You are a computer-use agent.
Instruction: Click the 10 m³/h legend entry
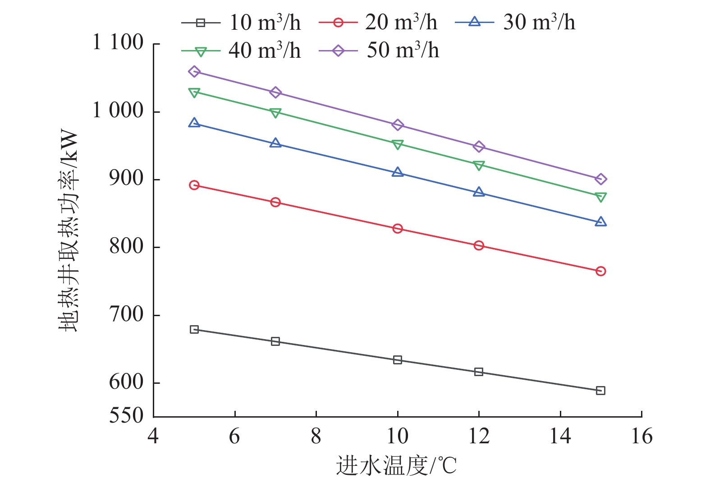coord(241,23)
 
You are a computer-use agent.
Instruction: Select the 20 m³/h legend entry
coord(378,23)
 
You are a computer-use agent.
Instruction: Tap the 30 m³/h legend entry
coord(515,23)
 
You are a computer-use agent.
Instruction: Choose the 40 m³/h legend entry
coord(241,51)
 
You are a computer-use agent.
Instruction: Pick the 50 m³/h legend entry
coord(379,51)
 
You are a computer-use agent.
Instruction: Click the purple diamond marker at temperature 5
coord(194,72)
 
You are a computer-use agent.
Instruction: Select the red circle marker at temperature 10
coord(398,229)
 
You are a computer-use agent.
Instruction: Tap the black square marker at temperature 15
coord(600,391)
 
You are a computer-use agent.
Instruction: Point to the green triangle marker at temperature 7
coord(275,113)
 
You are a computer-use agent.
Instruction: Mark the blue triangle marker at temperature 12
coord(479,193)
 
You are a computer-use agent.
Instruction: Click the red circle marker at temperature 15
coord(600,271)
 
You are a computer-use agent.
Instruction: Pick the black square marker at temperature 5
coord(194,330)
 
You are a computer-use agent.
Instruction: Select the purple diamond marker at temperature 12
coord(479,147)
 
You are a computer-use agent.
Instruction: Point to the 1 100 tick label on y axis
coord(118,43)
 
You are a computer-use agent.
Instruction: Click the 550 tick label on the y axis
coord(126,415)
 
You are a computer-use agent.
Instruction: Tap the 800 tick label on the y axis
coord(126,247)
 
